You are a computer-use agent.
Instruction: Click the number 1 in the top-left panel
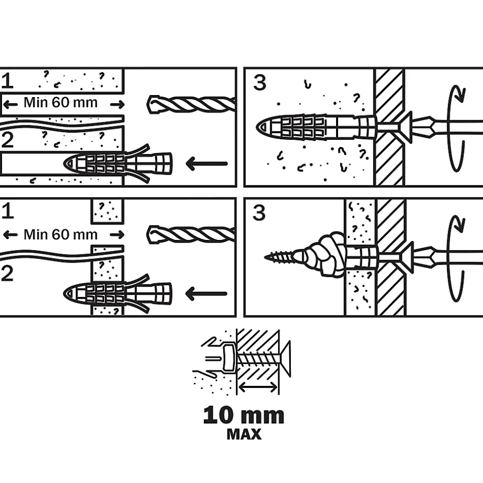7,81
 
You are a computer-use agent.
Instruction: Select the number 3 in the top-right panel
260,82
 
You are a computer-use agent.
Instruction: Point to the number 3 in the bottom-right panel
260,212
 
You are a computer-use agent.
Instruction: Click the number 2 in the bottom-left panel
7,273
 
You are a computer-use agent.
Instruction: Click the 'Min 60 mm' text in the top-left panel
61,103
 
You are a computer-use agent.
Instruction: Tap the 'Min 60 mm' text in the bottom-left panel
61,235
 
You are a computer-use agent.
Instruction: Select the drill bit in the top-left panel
191,105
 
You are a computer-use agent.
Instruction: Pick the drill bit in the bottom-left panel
191,235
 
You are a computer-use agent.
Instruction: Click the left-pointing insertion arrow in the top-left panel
206,164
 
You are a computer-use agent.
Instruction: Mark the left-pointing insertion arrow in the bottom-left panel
206,294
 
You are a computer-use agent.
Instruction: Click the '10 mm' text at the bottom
244,415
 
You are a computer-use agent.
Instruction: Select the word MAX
244,435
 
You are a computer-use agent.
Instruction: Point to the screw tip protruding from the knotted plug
277,254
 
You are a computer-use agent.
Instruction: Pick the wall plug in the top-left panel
118,163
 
